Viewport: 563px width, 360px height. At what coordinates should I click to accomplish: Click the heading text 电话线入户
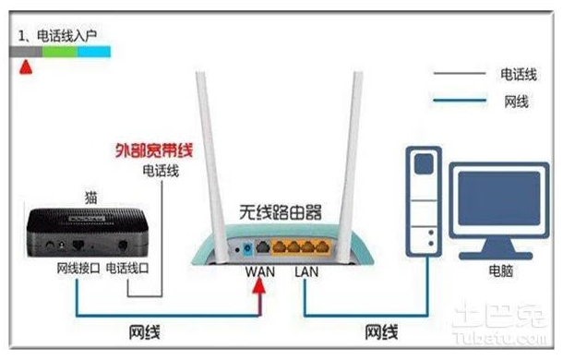(x=66, y=36)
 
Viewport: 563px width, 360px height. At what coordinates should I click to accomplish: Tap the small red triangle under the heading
(x=25, y=67)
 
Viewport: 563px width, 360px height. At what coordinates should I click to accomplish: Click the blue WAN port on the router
(x=247, y=247)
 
